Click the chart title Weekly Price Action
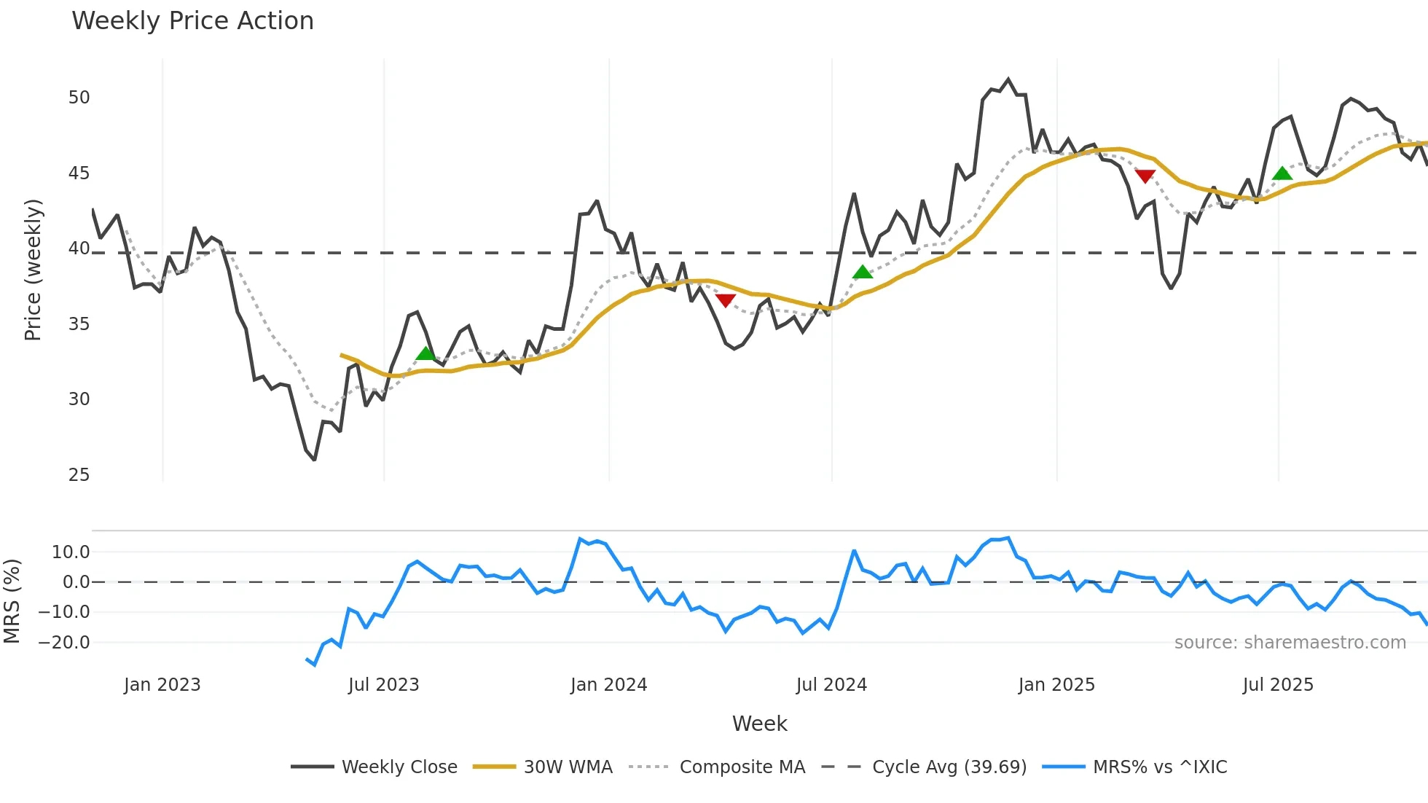point(192,21)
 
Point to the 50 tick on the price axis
point(79,98)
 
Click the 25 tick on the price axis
point(79,475)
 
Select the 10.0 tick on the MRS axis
point(71,552)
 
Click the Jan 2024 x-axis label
point(608,685)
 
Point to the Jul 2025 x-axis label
point(1278,685)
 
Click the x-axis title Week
point(759,724)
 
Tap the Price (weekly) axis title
point(33,270)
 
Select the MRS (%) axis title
point(12,601)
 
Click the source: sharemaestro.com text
point(1290,643)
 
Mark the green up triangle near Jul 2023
point(425,354)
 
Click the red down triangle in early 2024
point(726,300)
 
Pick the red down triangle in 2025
point(1145,176)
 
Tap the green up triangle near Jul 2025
point(1282,173)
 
